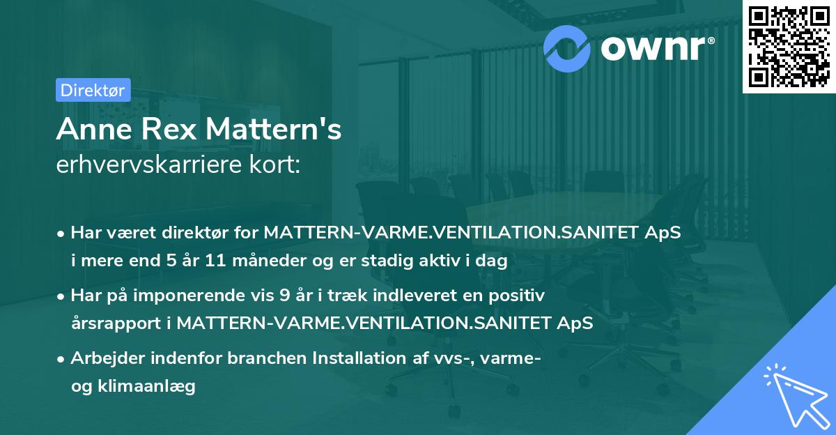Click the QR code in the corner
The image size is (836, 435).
pyautogui.click(x=789, y=47)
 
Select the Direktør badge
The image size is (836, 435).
pyautogui.click(x=91, y=90)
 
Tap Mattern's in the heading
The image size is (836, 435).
pyautogui.click(x=277, y=130)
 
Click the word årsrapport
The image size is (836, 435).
pyautogui.click(x=114, y=323)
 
